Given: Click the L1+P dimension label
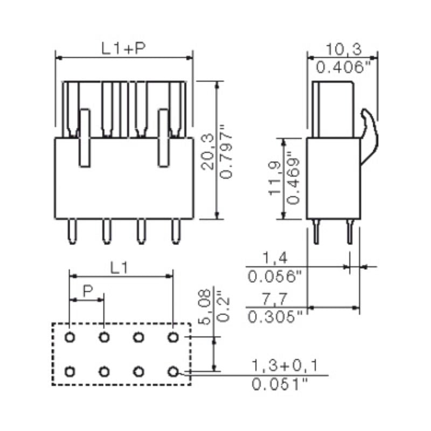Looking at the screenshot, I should point(124,48).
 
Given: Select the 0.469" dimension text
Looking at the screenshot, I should point(294,178).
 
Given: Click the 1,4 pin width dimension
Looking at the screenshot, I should point(273,257).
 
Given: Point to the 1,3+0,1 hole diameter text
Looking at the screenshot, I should point(284,366).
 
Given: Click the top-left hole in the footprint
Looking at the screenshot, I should point(70,337).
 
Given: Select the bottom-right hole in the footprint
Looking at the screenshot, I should point(172,371).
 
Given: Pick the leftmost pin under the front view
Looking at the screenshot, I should point(71,232).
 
